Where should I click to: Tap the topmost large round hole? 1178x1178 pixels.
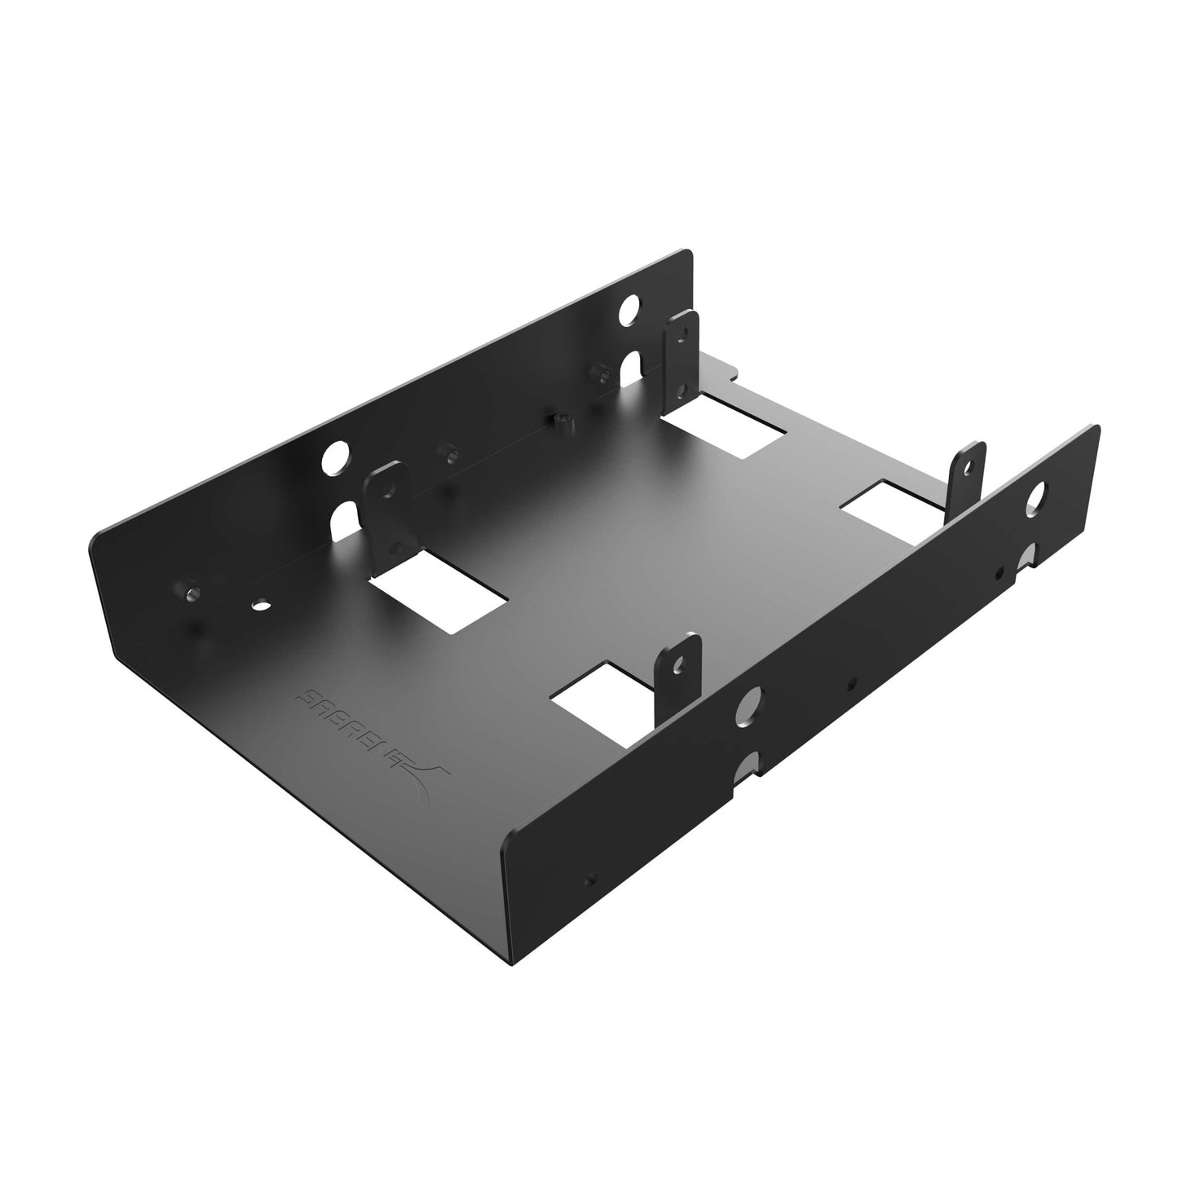(x=629, y=310)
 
